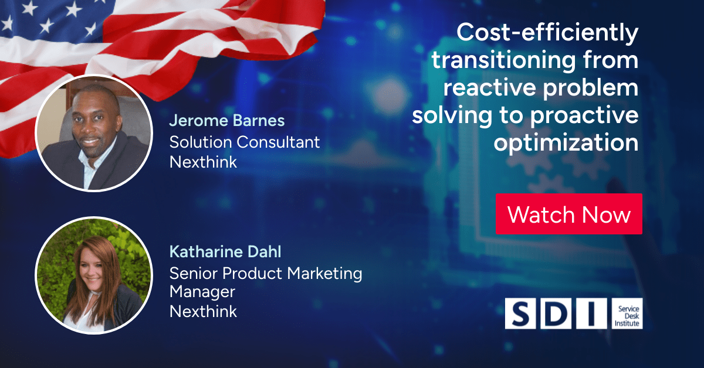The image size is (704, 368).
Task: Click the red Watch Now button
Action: point(569,214)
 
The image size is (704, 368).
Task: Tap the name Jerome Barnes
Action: point(227,121)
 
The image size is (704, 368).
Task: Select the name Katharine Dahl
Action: point(225,252)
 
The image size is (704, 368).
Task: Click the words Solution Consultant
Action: point(245,142)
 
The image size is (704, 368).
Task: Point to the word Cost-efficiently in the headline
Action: point(547,33)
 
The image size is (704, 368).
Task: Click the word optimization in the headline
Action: point(566,143)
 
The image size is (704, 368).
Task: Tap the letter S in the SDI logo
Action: point(520,314)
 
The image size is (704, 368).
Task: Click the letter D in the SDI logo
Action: point(556,314)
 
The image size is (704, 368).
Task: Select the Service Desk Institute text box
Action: point(627,314)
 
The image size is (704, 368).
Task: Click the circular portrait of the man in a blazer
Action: point(94,133)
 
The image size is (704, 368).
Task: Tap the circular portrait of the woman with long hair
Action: point(94,275)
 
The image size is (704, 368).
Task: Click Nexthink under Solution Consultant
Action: point(203,162)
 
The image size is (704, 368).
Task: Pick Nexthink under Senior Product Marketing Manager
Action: point(203,312)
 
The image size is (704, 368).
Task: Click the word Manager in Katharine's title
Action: point(202,292)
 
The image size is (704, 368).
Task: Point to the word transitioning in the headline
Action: point(504,60)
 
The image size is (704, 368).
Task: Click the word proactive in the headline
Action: point(584,115)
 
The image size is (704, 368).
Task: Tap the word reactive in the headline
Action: point(489,87)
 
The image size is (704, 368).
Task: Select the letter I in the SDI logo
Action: point(591,314)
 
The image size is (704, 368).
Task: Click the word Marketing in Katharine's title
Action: point(324,274)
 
